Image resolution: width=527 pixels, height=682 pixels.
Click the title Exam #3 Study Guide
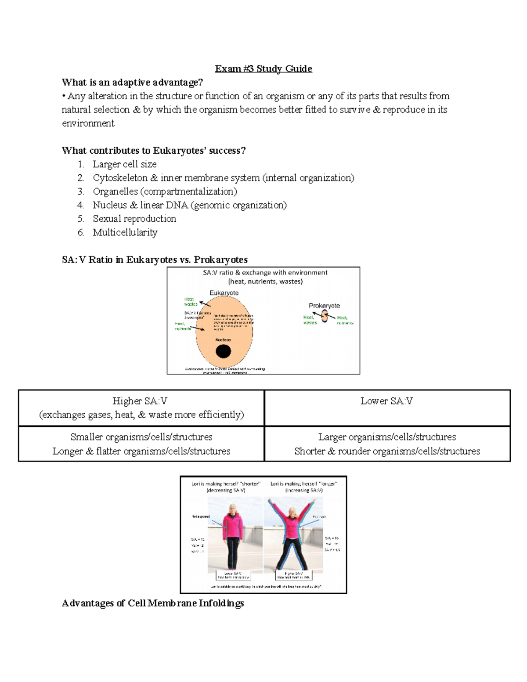tap(263, 69)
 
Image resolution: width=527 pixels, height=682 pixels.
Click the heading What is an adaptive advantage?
tap(132, 83)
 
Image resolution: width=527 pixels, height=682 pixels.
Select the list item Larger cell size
tap(124, 164)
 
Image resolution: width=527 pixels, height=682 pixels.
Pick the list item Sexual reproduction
tap(134, 219)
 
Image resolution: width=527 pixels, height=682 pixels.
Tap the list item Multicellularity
tap(125, 232)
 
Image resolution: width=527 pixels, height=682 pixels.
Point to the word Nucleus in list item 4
tap(109, 205)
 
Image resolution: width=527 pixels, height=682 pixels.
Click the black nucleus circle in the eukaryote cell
tap(223, 351)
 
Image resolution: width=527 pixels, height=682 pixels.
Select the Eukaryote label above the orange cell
tap(224, 293)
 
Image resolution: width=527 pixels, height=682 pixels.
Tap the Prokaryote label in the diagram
tap(324, 306)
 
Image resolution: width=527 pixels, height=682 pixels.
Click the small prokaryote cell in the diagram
tap(325, 316)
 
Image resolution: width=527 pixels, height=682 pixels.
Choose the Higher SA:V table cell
tap(141, 408)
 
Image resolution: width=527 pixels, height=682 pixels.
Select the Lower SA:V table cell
tap(387, 408)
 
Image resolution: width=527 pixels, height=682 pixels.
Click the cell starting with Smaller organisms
tap(141, 444)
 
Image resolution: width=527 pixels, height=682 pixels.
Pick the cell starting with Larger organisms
tap(387, 444)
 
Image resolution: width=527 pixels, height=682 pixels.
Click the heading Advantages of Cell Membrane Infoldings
tap(152, 603)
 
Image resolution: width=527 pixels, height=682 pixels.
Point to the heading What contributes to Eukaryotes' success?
tap(154, 151)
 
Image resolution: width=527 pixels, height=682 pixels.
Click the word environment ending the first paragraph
tap(88, 123)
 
